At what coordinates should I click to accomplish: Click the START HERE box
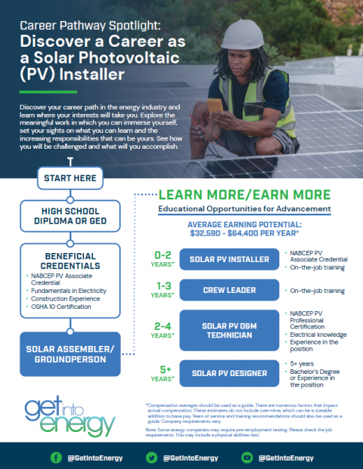coord(70,179)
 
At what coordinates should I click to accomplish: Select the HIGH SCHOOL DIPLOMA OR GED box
coord(70,215)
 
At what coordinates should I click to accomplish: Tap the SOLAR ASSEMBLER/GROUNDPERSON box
coord(70,353)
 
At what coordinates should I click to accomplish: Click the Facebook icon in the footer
coord(55,458)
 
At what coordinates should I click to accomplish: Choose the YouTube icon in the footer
coord(247,458)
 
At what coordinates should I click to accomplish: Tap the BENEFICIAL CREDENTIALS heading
coord(70,261)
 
